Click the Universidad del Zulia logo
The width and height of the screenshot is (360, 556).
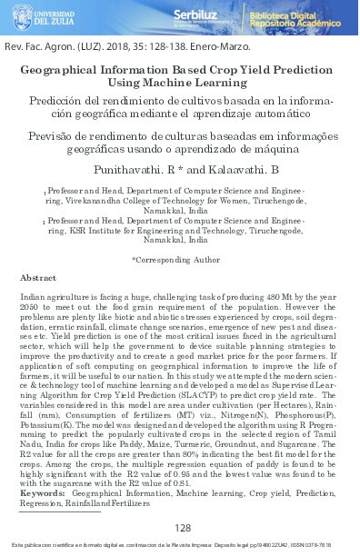click(45, 17)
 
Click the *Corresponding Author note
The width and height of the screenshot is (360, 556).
click(175, 259)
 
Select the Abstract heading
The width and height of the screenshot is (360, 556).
click(38, 277)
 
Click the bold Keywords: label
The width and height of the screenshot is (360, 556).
click(42, 492)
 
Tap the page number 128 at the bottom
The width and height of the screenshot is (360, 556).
click(182, 528)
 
